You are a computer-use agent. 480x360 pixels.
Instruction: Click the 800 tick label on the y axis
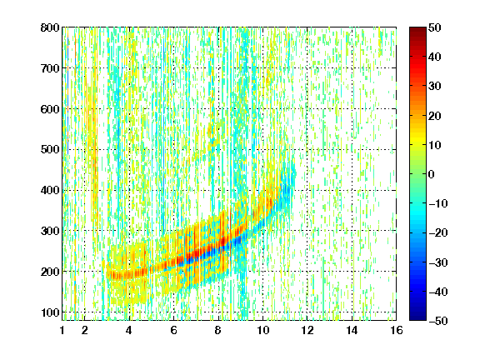click(x=50, y=27)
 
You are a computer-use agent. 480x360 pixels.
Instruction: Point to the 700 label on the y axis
click(x=50, y=68)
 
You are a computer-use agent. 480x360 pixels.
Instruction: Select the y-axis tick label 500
click(x=50, y=150)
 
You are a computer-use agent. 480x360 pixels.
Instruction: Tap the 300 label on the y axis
click(x=50, y=231)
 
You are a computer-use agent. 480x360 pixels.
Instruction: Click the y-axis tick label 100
click(x=50, y=312)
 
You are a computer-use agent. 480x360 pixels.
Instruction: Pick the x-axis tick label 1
click(x=62, y=330)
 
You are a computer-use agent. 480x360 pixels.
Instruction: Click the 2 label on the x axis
click(x=85, y=330)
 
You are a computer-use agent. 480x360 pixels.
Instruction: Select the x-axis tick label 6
click(x=173, y=330)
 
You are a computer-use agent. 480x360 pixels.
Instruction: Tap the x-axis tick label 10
click(x=262, y=330)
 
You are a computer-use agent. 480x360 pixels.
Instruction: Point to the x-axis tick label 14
click(x=352, y=330)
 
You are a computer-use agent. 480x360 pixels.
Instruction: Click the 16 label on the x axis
click(x=397, y=330)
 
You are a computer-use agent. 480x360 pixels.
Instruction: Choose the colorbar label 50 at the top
click(x=434, y=27)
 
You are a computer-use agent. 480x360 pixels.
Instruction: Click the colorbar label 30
click(x=434, y=86)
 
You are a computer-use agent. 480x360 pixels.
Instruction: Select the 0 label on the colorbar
click(x=432, y=174)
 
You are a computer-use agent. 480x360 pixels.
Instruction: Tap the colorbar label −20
click(x=438, y=232)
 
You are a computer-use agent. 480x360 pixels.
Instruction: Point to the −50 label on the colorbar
click(x=438, y=321)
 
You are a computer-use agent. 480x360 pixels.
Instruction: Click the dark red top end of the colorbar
click(x=417, y=29)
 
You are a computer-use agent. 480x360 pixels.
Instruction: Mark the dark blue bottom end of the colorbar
click(x=417, y=318)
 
